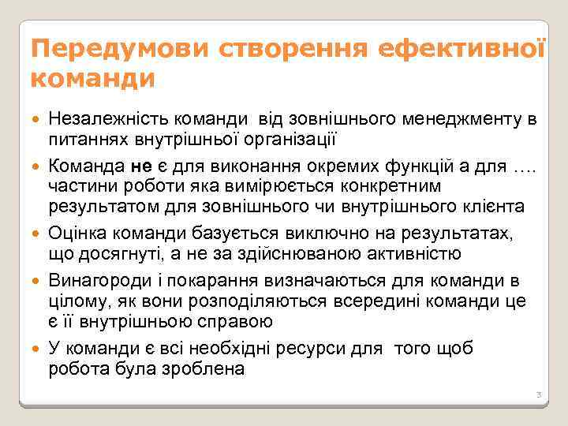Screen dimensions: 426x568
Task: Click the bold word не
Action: [x=140, y=166]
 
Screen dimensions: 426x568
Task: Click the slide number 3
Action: [x=537, y=394]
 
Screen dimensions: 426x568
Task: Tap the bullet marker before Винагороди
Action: [x=39, y=281]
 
